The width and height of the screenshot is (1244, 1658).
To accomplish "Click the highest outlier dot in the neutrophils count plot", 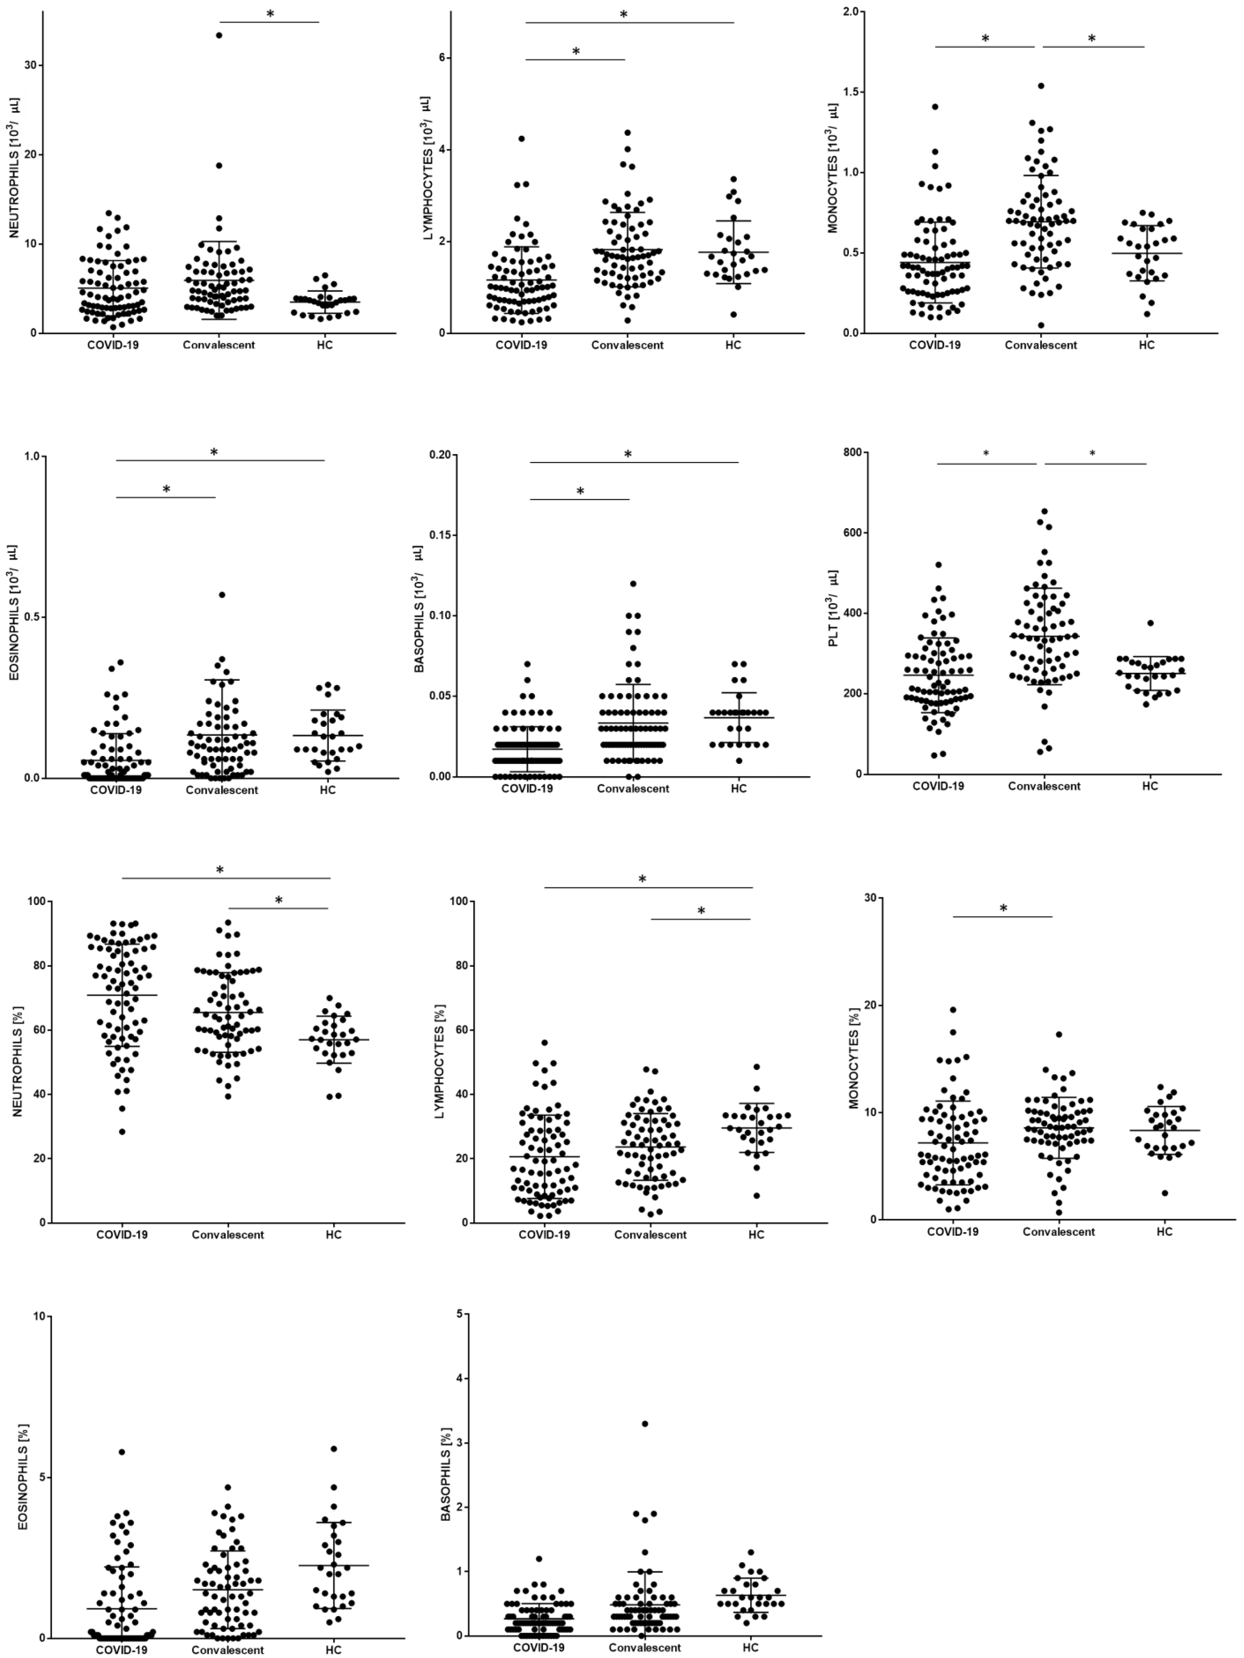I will tap(219, 35).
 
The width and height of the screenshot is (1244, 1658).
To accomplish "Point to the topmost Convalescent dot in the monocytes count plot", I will tap(1041, 86).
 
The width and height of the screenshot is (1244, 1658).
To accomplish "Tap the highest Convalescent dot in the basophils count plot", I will tap(633, 583).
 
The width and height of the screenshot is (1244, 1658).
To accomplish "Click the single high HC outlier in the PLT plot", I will tap(1150, 623).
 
